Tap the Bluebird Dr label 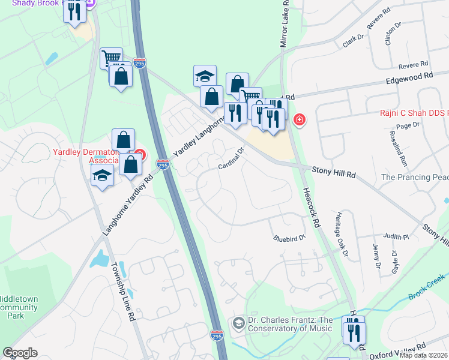[290, 238]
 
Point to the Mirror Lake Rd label [285, 24]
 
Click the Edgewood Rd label [409, 77]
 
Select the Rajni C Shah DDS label [414, 112]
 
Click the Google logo [20, 353]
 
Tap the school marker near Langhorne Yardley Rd [102, 176]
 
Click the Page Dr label [407, 125]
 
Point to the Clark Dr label [354, 38]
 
